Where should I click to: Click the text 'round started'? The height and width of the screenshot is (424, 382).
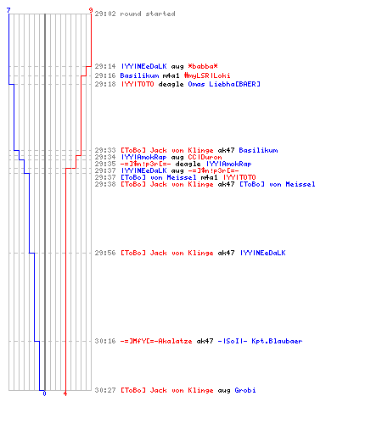[148, 14]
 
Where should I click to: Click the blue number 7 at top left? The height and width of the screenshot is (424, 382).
[8, 10]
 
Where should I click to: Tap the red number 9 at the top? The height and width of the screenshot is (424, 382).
[91, 10]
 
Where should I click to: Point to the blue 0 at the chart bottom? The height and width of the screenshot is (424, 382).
[44, 393]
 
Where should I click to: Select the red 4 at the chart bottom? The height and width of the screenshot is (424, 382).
[65, 393]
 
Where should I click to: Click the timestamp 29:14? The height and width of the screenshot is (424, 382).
[105, 66]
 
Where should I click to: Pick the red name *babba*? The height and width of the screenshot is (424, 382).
[203, 66]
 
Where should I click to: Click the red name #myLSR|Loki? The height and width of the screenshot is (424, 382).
[207, 75]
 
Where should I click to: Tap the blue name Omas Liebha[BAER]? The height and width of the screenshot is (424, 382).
[224, 84]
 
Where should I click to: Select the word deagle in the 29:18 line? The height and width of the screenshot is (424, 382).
[171, 84]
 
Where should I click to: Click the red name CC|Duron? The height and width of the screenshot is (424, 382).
[205, 157]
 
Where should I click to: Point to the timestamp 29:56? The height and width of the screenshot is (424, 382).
[105, 253]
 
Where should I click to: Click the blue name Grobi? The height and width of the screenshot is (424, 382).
[245, 390]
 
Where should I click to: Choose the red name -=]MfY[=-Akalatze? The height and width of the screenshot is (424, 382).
[156, 341]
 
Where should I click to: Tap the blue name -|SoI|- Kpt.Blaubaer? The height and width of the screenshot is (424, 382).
[260, 341]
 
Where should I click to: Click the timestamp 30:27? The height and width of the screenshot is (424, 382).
[105, 390]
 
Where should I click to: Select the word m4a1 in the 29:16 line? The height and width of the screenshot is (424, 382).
[171, 75]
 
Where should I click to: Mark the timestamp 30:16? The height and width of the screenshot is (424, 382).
[105, 341]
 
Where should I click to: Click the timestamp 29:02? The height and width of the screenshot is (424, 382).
[105, 14]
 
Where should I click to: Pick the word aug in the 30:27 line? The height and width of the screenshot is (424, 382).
[224, 391]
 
